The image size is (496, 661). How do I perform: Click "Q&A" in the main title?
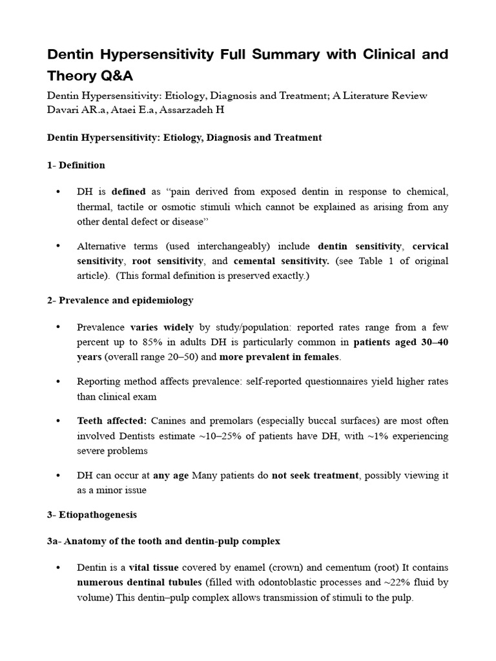(116, 76)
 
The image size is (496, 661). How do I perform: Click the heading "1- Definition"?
(76, 165)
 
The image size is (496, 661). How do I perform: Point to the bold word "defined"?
(129, 192)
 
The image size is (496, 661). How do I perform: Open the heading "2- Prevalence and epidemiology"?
(120, 301)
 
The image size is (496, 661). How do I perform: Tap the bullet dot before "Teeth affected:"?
(58, 421)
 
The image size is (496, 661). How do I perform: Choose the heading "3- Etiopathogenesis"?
(92, 515)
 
